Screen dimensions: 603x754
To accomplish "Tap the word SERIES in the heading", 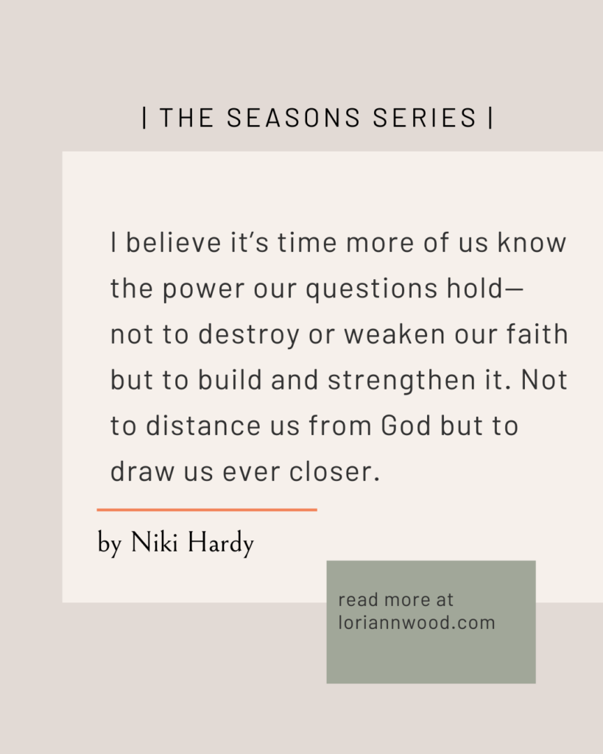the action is pyautogui.click(x=425, y=117).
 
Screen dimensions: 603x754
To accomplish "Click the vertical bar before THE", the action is pyautogui.click(x=145, y=117).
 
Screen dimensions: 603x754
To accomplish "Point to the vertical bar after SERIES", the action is pyautogui.click(x=490, y=117).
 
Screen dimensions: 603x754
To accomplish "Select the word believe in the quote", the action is pyautogui.click(x=173, y=242).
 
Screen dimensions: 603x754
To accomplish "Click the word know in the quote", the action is pyautogui.click(x=532, y=242).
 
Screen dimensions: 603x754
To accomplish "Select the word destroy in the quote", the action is pyautogui.click(x=249, y=335).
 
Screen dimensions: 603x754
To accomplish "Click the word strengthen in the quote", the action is pyautogui.click(x=402, y=381).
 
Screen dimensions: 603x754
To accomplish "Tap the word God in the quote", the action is pyautogui.click(x=406, y=425).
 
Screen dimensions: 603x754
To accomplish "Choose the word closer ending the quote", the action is pyautogui.click(x=335, y=471).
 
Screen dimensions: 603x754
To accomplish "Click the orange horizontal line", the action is pyautogui.click(x=207, y=510).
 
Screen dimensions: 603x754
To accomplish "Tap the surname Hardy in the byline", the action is pyautogui.click(x=221, y=544).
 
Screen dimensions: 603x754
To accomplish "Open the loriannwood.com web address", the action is pyautogui.click(x=417, y=623).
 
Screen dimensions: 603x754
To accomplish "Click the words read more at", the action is pyautogui.click(x=396, y=599).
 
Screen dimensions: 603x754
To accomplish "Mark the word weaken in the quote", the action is pyautogui.click(x=395, y=334).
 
